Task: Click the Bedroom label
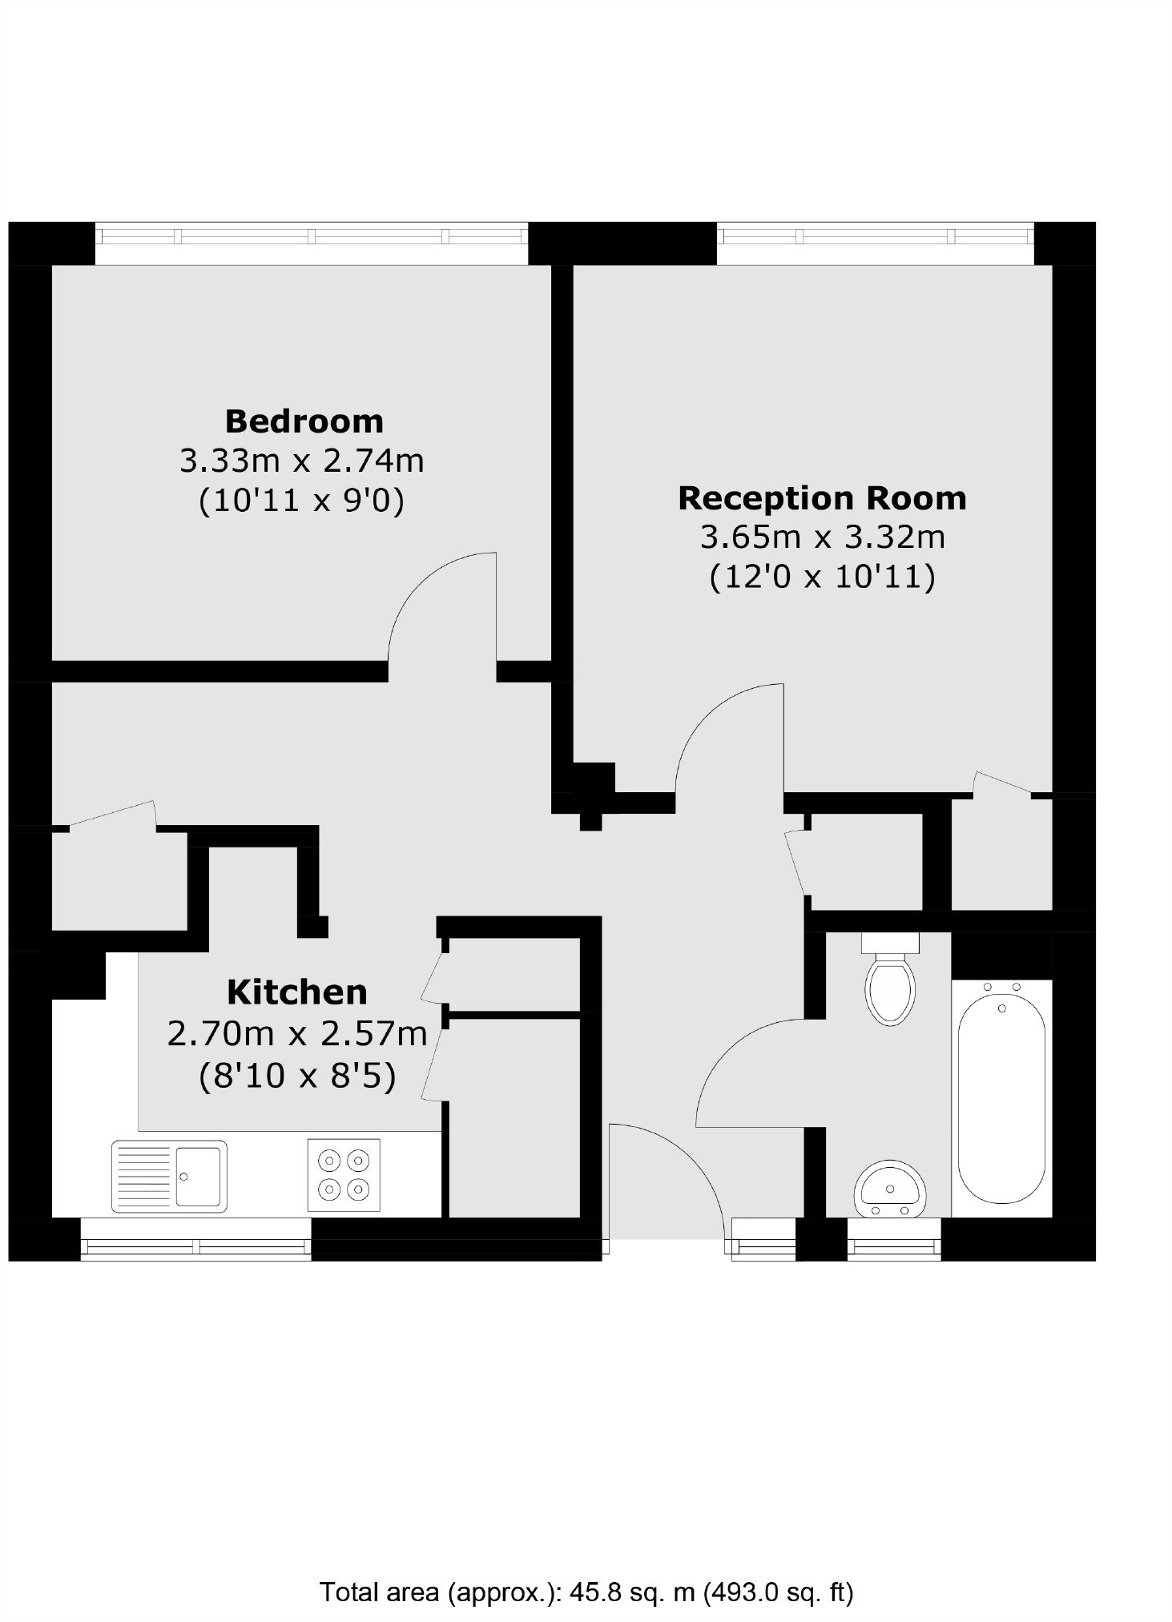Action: pos(304,421)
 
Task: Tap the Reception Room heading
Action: pos(822,498)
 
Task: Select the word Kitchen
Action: pos(296,992)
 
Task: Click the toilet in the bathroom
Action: pos(890,979)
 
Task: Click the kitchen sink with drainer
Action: pos(169,1176)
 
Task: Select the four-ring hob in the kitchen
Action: pos(344,1174)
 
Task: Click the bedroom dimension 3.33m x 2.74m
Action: pos(301,461)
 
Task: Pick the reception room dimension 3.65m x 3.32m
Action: pos(823,537)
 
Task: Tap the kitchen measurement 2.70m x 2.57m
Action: pos(296,1034)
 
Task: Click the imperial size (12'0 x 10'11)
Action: pos(822,577)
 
